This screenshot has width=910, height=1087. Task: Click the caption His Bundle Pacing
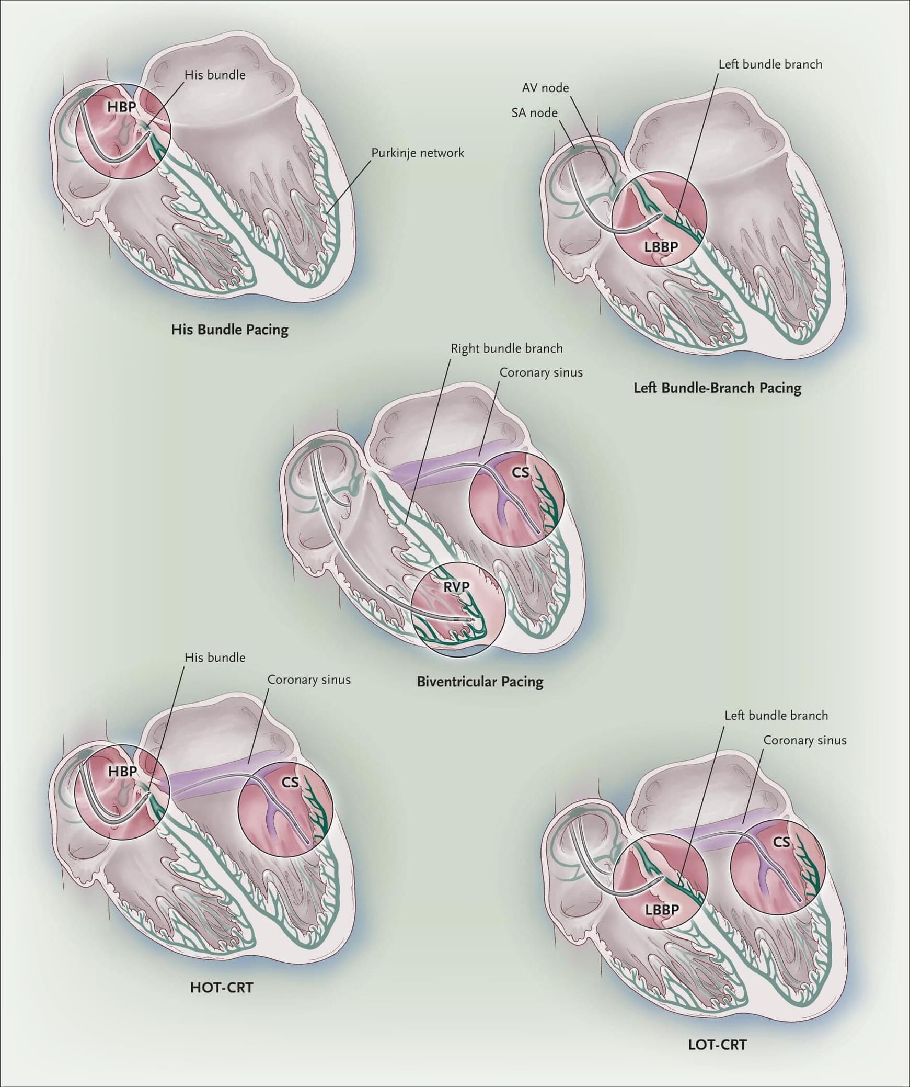pos(229,330)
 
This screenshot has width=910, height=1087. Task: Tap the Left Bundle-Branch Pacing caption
pos(717,388)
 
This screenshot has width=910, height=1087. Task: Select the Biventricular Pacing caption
pos(480,682)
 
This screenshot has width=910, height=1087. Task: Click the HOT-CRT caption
pos(222,988)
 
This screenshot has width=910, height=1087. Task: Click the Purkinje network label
pos(418,153)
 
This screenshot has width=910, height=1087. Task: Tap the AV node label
pos(545,87)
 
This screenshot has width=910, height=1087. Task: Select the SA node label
pos(534,112)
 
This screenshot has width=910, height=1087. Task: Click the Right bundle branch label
pos(506,348)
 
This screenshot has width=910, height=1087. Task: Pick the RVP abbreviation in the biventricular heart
pos(456,587)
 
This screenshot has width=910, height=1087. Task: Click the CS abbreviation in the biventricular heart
pos(520,472)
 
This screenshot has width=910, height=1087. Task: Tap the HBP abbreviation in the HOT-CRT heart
pos(122,771)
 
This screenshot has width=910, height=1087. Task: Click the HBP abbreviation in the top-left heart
pos(121,107)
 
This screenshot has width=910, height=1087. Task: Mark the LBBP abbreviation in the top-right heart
pos(661,246)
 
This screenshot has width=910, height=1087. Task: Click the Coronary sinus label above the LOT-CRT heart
pos(804,740)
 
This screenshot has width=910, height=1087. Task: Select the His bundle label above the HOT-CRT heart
pos(215,657)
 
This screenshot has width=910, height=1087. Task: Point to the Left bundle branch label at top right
pos(770,64)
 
